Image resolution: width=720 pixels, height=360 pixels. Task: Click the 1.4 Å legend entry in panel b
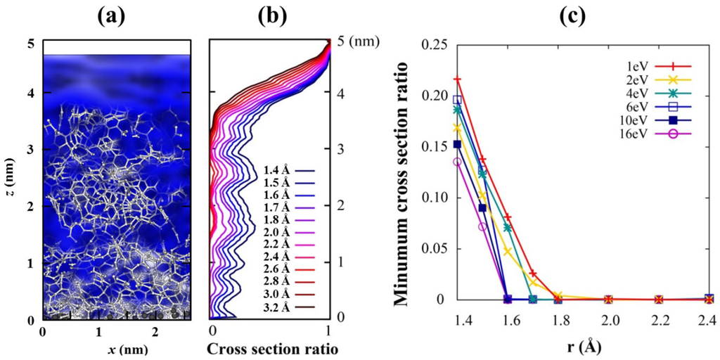click(278, 169)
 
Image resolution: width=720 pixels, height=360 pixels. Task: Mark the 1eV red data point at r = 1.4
click(457, 79)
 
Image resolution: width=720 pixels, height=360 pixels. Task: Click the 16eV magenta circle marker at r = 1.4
click(457, 162)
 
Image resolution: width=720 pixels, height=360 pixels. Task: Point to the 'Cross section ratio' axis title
click(270, 347)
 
